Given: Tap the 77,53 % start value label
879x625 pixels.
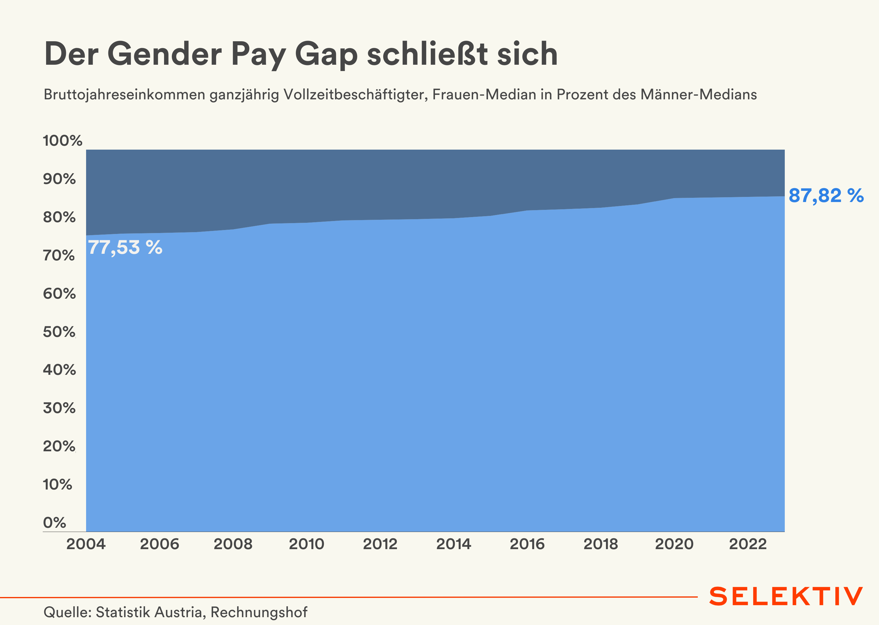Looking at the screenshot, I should coord(125,247).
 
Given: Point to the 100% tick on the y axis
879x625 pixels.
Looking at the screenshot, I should coord(62,141).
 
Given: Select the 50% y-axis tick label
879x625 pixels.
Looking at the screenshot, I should coord(59,332).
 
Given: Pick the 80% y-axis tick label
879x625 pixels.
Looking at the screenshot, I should coord(59,217).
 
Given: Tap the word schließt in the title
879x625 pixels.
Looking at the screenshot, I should coord(427,54).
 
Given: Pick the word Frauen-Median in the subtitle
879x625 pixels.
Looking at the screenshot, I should coord(484,95).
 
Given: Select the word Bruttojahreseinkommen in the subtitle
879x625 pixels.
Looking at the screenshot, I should coord(124,95).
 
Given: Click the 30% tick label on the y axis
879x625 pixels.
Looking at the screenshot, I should coord(59,408).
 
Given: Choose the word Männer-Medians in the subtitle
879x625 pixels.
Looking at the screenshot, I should coord(698,95).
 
